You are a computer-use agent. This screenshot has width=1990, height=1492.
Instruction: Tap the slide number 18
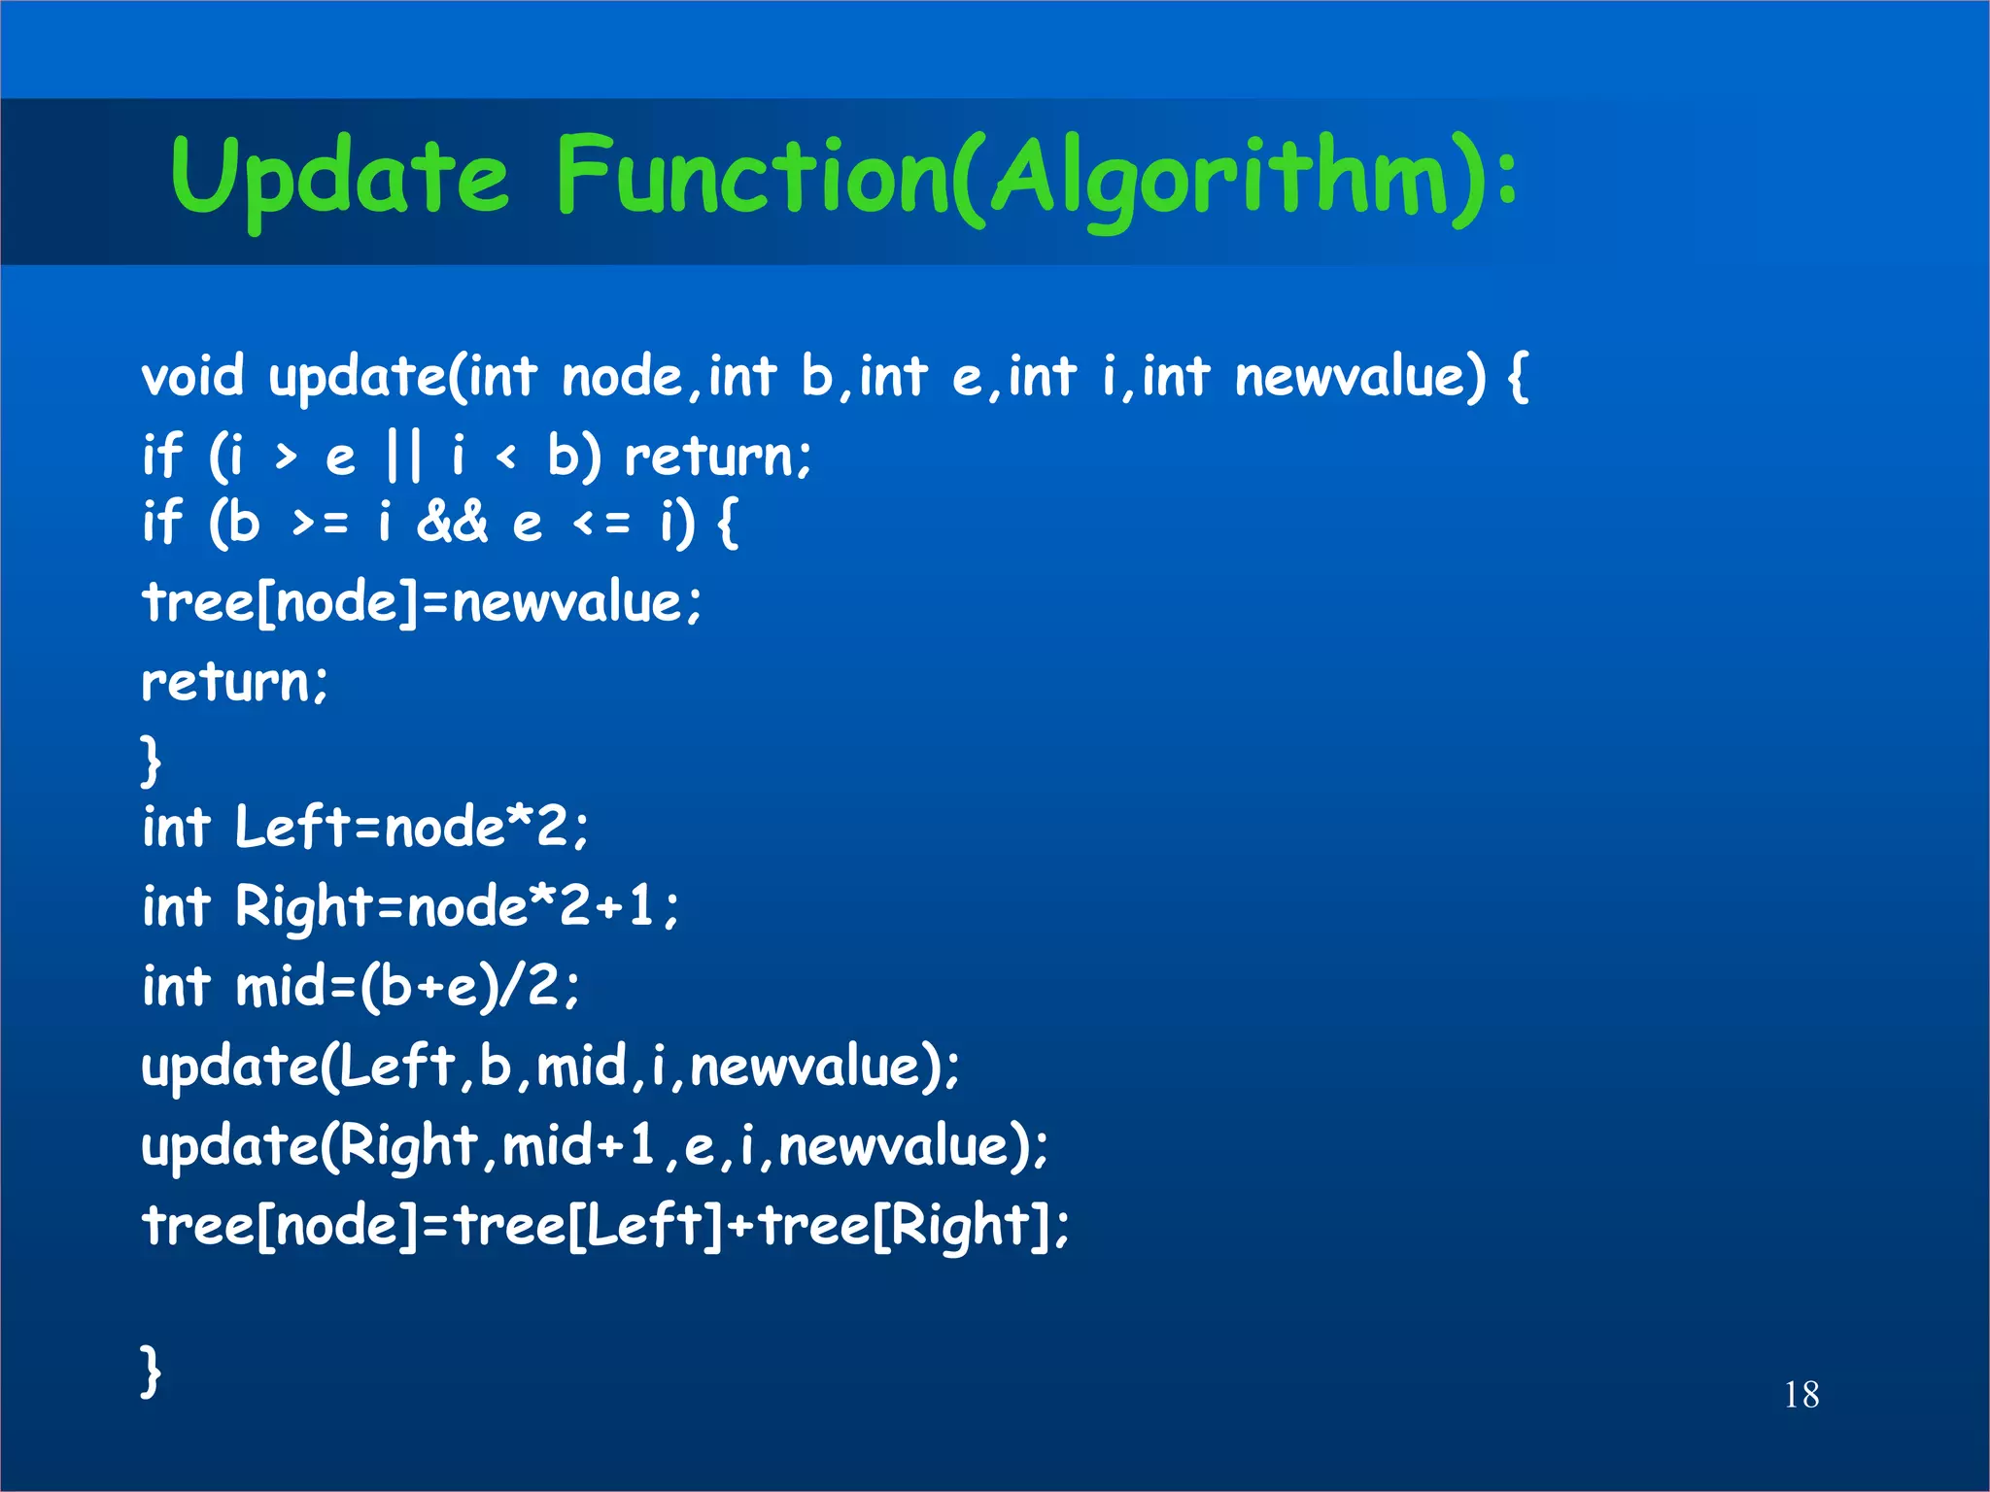(1801, 1395)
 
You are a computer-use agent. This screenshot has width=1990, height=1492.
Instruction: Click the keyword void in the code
(192, 377)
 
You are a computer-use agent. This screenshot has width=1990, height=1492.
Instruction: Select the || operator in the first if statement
(404, 456)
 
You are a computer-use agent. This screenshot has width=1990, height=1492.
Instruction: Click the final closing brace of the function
(150, 1371)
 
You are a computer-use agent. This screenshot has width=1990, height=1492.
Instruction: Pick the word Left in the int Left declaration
(292, 828)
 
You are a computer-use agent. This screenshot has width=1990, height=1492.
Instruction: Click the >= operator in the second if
(320, 525)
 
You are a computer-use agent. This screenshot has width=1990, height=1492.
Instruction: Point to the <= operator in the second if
(601, 525)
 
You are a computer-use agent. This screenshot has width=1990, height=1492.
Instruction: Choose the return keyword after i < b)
(717, 456)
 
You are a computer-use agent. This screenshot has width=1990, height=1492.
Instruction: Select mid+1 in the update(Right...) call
(578, 1146)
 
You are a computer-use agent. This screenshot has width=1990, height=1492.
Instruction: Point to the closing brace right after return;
(150, 761)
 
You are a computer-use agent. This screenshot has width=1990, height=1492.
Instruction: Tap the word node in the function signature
(623, 377)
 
